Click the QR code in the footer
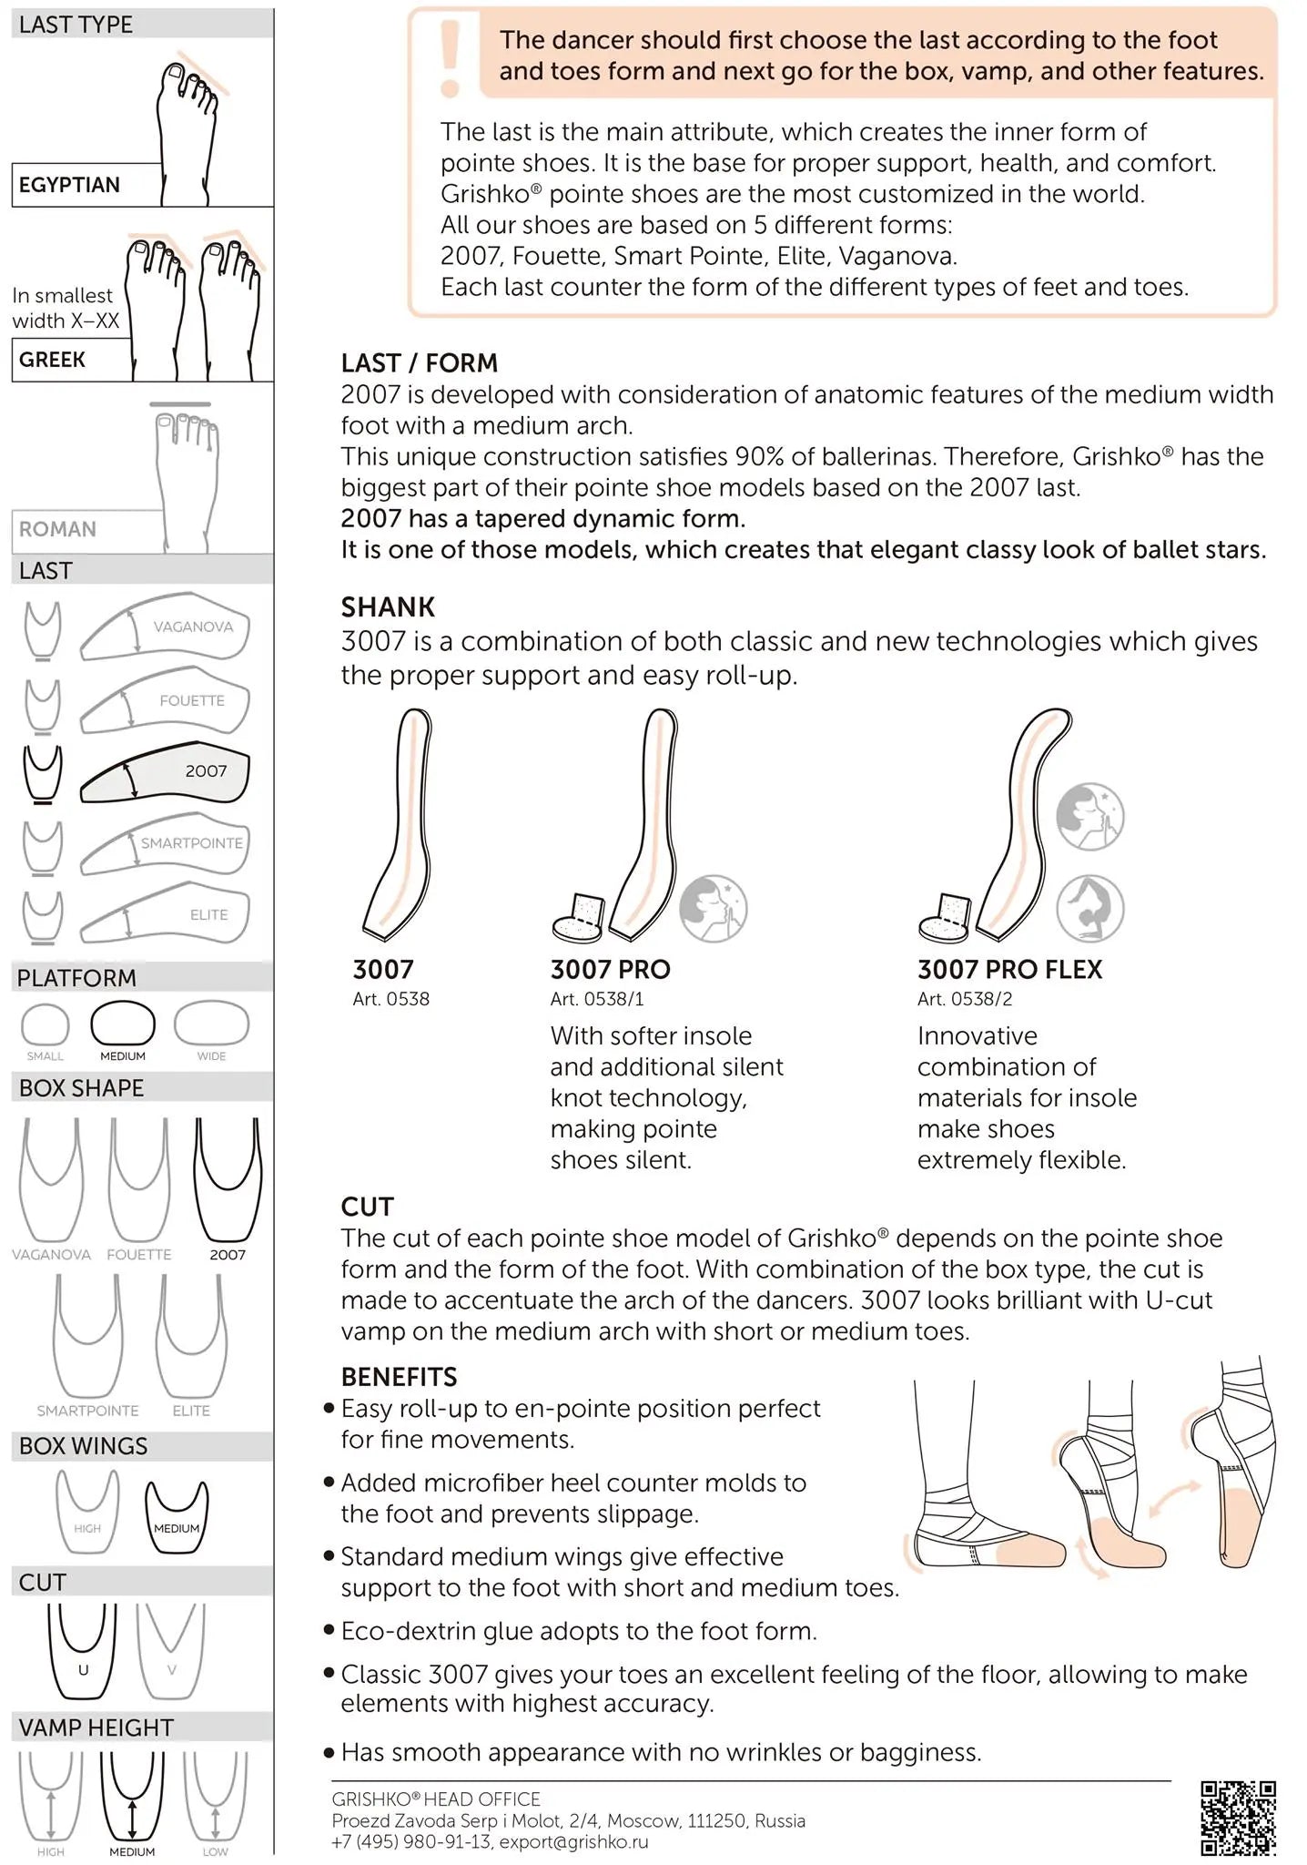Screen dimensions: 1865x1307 [x=1238, y=1818]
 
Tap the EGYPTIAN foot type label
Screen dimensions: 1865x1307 [x=70, y=185]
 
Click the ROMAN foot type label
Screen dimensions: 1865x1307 [x=58, y=529]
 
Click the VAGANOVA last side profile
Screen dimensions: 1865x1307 [x=165, y=627]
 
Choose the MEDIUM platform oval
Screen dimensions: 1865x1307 [x=123, y=1024]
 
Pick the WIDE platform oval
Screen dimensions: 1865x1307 [x=211, y=1024]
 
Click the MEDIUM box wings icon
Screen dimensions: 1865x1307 [x=177, y=1516]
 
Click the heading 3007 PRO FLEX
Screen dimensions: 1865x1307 [x=1009, y=970]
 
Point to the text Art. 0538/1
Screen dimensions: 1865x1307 [x=597, y=999]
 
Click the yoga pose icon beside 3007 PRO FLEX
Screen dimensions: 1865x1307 [x=1090, y=908]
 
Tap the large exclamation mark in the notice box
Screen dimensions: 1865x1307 [x=450, y=58]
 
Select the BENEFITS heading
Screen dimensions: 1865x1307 [x=399, y=1377]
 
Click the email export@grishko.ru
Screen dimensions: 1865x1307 [x=574, y=1842]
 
